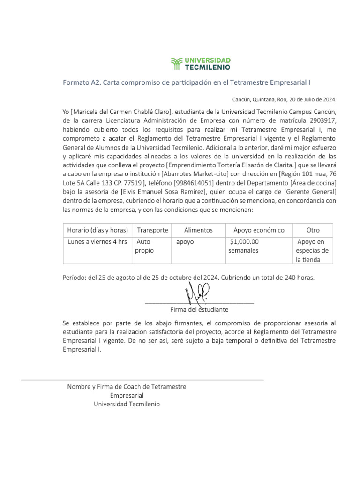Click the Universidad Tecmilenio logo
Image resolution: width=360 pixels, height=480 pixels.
pyautogui.click(x=200, y=63)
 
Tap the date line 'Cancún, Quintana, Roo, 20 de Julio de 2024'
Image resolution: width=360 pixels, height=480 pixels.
pyautogui.click(x=285, y=99)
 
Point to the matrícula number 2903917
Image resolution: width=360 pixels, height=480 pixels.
pyautogui.click(x=323, y=120)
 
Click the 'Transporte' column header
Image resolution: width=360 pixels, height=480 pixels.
pyautogui.click(x=152, y=230)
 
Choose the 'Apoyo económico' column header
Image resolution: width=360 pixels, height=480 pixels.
pyautogui.click(x=259, y=230)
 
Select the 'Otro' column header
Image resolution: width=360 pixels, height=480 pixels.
pyautogui.click(x=313, y=230)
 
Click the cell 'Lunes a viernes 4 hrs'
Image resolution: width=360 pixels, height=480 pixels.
pyautogui.click(x=97, y=242)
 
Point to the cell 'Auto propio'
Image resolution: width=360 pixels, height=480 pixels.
pyautogui.click(x=144, y=246)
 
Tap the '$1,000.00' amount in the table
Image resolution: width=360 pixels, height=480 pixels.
pyautogui.click(x=244, y=242)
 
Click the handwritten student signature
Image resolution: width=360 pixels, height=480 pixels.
pyautogui.click(x=197, y=294)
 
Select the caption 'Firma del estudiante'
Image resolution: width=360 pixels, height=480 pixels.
pyautogui.click(x=199, y=310)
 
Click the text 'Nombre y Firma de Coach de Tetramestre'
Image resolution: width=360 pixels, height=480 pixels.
pyautogui.click(x=127, y=387)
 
